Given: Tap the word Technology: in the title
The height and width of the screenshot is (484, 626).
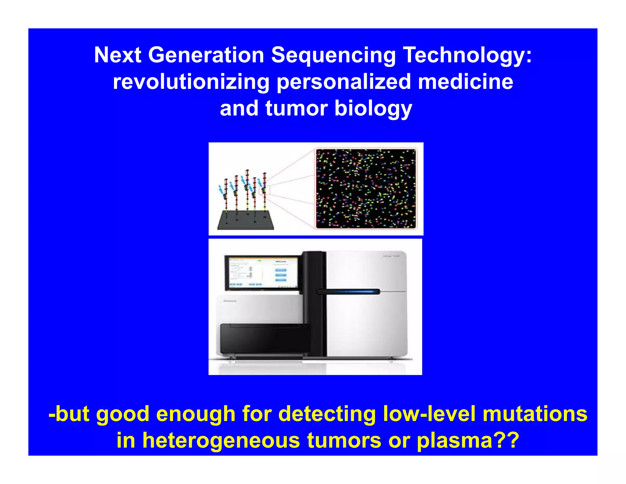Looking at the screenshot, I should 467,56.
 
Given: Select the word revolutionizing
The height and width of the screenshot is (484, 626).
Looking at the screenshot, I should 191,82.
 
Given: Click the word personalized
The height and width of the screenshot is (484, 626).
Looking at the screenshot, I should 344,82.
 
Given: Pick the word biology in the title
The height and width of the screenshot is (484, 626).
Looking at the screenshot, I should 373,109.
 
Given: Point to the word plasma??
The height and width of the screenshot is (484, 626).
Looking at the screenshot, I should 468,440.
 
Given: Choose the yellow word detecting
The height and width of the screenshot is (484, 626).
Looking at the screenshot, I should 327,414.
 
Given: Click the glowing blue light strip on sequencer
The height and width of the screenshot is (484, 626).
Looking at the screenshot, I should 350,292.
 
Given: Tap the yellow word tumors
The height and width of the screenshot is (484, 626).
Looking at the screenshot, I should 344,440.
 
